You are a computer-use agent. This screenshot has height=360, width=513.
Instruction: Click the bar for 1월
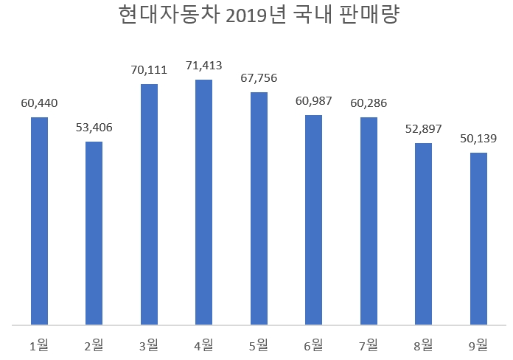pyautogui.click(x=39, y=221)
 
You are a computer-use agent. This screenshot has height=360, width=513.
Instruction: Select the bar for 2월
pyautogui.click(x=94, y=232)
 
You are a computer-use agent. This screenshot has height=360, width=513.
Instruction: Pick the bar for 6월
pyautogui.click(x=313, y=219)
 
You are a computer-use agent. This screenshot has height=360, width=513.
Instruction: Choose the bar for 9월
pyautogui.click(x=478, y=238)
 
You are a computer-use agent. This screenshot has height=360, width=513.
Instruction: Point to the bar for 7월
pyautogui.click(x=369, y=221)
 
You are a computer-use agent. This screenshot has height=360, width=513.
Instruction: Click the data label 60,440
pyautogui.click(x=39, y=103)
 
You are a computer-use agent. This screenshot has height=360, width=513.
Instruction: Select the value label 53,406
pyautogui.click(x=94, y=128)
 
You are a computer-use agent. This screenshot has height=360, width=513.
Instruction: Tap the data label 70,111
pyautogui.click(x=149, y=71)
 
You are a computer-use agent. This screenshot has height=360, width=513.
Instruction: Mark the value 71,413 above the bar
pyautogui.click(x=203, y=66)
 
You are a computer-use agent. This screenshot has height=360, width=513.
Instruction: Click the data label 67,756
pyautogui.click(x=259, y=78)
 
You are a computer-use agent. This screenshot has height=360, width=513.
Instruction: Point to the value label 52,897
pyautogui.click(x=423, y=129)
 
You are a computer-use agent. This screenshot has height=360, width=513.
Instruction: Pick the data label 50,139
pyautogui.click(x=478, y=139)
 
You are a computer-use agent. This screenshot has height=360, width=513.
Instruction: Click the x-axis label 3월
pyautogui.click(x=149, y=344)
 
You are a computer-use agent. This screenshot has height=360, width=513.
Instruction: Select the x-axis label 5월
pyautogui.click(x=259, y=344)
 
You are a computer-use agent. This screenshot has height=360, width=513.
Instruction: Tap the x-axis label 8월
pyautogui.click(x=423, y=344)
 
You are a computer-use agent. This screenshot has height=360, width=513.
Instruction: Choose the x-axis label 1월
pyautogui.click(x=39, y=344)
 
